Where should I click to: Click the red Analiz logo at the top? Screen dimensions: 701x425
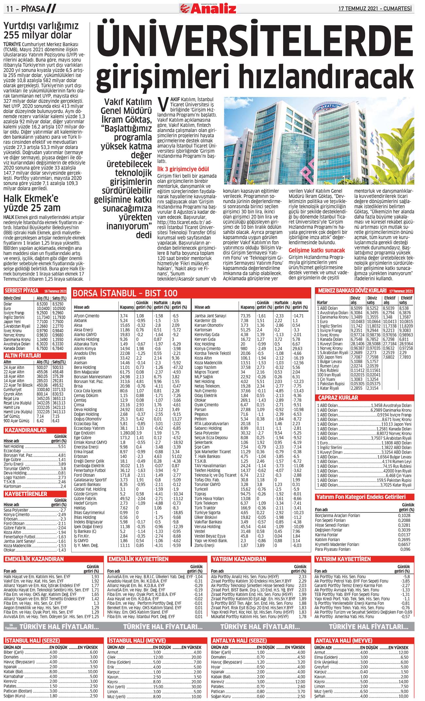point(208,8)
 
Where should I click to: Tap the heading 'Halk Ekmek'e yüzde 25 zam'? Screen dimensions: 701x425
point(32,203)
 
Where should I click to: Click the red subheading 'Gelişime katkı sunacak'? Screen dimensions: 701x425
point(316,250)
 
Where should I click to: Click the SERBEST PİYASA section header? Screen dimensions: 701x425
point(22,291)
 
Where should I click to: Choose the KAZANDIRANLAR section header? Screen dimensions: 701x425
point(25,430)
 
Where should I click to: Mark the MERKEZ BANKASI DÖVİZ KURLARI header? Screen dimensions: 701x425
point(352,291)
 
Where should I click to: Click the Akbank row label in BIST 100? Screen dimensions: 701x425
point(80,321)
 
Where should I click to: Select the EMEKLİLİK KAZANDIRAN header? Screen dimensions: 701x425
point(34,559)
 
